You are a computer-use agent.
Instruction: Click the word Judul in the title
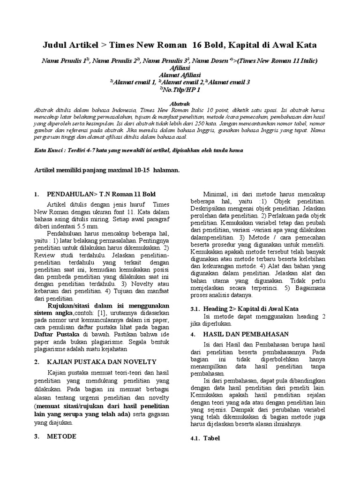click(55, 45)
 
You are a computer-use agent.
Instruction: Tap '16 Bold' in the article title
click(213, 45)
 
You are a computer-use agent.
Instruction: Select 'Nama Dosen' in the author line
click(210, 61)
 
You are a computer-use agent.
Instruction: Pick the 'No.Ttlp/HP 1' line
click(181, 89)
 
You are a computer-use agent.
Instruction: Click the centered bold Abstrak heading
click(180, 103)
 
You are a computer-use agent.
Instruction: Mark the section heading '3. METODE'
click(62, 436)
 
